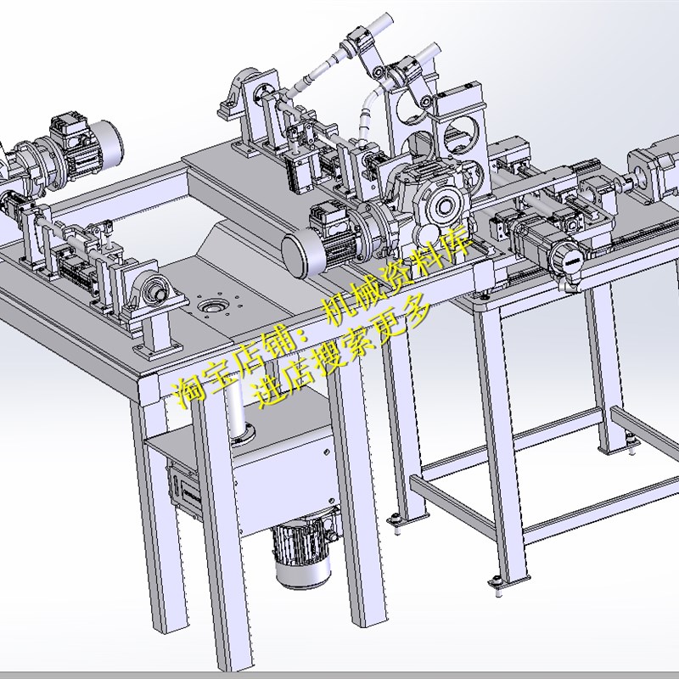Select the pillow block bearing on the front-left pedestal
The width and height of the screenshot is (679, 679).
pyautogui.click(x=153, y=291)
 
